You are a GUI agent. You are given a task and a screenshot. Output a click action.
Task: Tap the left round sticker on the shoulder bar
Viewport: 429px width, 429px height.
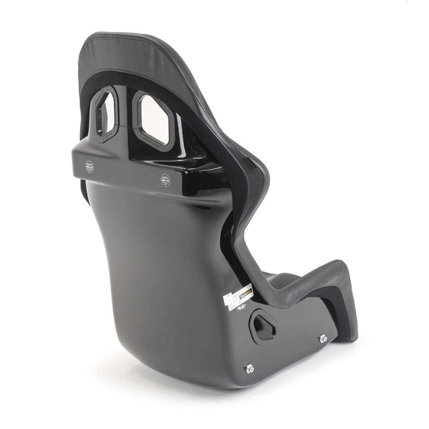[x=89, y=166]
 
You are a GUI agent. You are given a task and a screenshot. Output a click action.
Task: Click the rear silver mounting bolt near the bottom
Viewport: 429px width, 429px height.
[x=249, y=368]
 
